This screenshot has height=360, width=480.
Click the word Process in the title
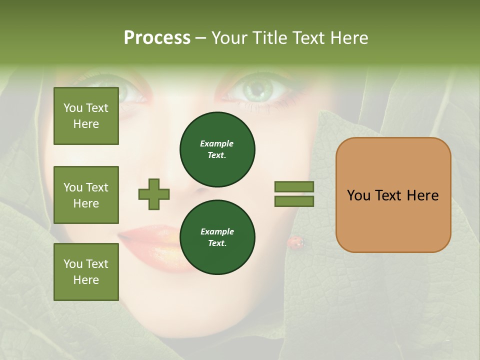[157, 38]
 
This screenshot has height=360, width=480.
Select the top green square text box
[86, 116]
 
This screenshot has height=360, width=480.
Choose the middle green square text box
[86, 195]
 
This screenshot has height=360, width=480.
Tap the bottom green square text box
[86, 272]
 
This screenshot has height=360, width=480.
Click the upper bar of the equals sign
[294, 186]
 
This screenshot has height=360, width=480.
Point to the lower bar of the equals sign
[294, 201]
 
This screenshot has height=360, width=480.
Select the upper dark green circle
[217, 149]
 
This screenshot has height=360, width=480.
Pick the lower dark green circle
[217, 237]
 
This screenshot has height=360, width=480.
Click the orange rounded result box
[393, 195]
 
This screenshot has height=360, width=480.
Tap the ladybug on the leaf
[295, 242]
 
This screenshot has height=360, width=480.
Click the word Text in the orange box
[391, 195]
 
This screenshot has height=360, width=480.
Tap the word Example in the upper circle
[217, 143]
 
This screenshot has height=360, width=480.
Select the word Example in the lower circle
[217, 231]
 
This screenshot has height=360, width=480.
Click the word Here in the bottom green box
[86, 280]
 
